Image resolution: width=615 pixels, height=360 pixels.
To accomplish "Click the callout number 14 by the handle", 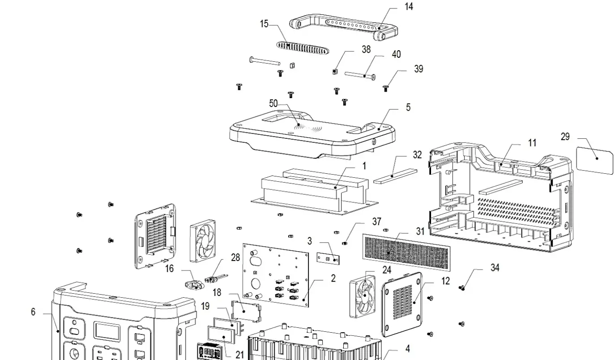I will pos(408,6).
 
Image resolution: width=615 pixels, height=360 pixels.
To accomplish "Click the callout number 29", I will pos(565,137).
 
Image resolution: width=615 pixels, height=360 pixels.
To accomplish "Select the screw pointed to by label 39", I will pos(386,89).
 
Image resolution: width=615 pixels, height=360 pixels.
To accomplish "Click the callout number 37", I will pos(376,222).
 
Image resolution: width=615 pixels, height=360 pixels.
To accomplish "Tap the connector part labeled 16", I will pos(192,284).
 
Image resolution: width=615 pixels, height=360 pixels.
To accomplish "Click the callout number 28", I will pos(235,257).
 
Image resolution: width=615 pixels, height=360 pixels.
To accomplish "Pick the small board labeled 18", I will pos(245,309).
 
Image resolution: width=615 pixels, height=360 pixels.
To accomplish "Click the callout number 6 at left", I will pos(33,312).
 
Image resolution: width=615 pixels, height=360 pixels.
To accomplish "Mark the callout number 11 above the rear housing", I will pos(532,143).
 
